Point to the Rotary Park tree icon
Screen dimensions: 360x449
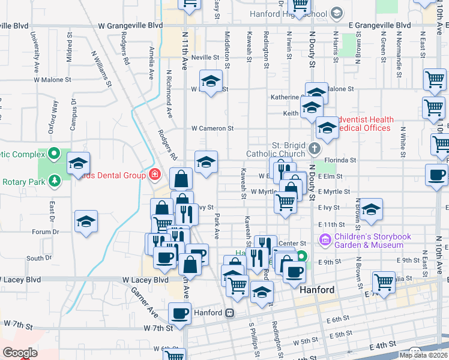click(55, 180)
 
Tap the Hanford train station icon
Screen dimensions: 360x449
click(229, 313)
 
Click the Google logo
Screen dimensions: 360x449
click(20, 353)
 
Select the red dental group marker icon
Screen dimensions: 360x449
click(154, 175)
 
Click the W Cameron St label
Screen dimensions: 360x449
click(212, 128)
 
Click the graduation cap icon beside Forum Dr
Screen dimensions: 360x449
click(86, 221)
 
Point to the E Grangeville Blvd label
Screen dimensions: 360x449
click(380, 26)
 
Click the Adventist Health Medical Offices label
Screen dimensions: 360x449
click(363, 124)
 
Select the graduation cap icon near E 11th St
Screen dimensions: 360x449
click(371, 209)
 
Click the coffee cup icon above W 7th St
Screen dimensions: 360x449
click(179, 313)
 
